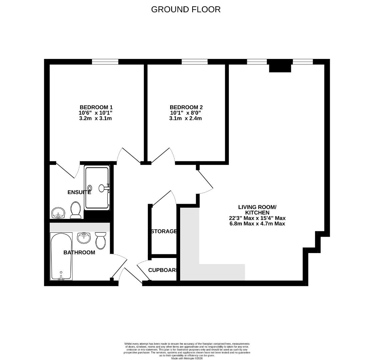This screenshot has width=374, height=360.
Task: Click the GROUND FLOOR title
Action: [x=186, y=9]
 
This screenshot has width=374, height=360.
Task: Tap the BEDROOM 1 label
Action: [x=96, y=107]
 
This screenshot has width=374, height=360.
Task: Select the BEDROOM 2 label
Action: [x=186, y=107]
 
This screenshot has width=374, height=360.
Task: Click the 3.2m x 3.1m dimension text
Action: [x=95, y=118]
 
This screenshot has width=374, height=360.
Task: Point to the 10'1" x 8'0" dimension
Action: [x=186, y=113]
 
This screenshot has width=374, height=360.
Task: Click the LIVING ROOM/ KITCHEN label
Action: [x=257, y=210]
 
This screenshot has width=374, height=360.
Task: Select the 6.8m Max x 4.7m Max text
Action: [x=257, y=224]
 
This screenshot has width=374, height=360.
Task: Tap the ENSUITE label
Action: [x=79, y=192]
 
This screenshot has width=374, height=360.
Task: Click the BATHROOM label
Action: [x=79, y=252]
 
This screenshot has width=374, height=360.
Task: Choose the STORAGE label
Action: [x=163, y=231]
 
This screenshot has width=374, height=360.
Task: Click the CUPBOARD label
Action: [x=162, y=270]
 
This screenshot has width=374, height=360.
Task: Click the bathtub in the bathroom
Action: [x=61, y=256]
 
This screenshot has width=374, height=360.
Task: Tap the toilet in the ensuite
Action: [x=76, y=210]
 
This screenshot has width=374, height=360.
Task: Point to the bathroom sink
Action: [x=84, y=237]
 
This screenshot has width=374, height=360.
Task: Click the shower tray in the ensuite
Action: [x=97, y=188]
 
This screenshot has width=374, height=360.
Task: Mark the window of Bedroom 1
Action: [x=105, y=61]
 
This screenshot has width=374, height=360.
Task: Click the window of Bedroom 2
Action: [x=195, y=61]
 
